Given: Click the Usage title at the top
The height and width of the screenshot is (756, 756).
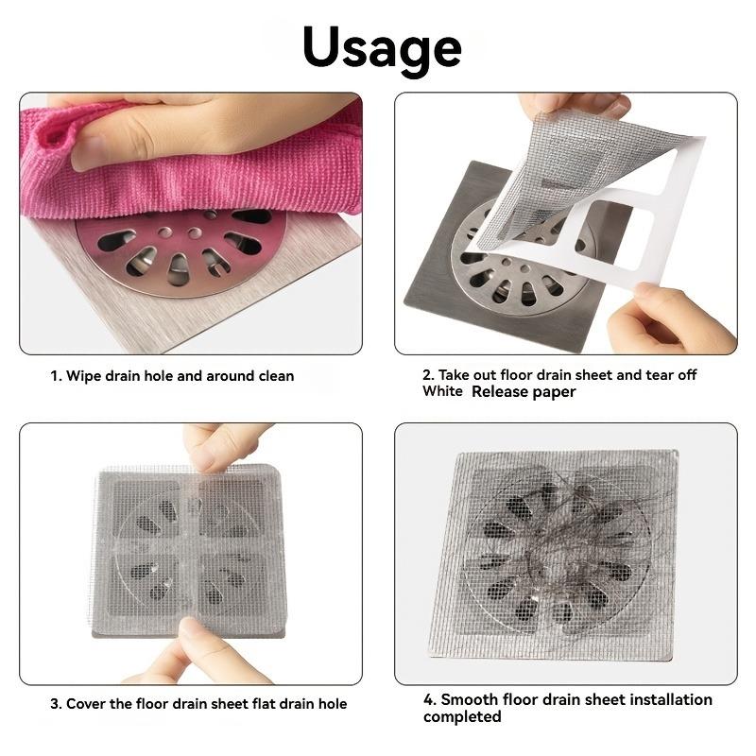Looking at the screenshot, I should coord(381,46).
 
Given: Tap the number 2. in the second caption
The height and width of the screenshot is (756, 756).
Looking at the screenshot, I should coord(429,375).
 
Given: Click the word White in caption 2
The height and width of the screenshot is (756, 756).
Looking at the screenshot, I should coord(442,391).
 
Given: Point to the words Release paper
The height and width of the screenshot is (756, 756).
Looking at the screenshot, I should coord(524,391).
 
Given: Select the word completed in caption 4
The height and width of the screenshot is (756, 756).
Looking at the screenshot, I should coord(462,716).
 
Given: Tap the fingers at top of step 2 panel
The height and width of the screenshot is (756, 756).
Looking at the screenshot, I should coord(572,104).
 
